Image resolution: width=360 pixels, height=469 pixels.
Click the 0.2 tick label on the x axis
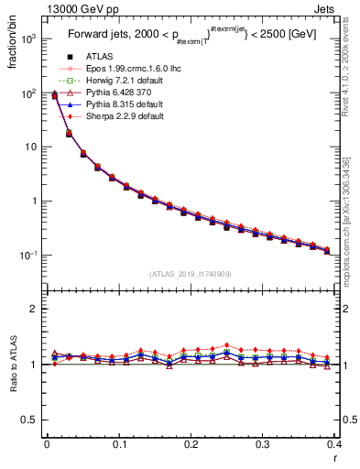pos(191,445)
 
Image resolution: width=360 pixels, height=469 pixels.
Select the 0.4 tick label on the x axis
pos(334,445)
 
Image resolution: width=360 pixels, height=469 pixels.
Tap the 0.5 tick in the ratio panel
pos(30,420)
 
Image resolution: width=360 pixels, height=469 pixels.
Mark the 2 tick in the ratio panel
pos(35,309)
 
